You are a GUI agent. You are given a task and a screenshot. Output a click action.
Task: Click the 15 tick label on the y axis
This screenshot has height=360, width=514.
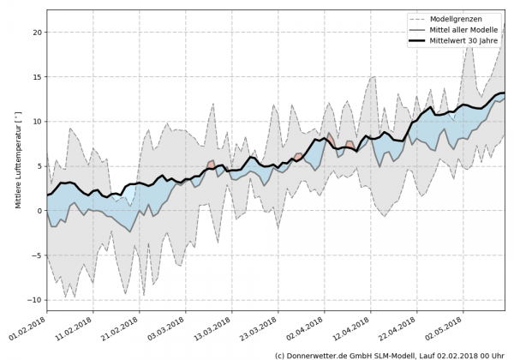pos(37,77)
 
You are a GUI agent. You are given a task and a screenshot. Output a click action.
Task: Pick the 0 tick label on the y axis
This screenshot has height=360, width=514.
pos(39,211)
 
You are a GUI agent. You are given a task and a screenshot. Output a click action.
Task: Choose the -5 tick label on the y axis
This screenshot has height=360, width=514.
pos(37,255)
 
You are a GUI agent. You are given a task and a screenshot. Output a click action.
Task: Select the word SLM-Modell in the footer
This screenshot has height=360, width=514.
pos(392,354)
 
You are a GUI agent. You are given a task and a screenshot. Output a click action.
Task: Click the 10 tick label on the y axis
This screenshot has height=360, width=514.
pos(37,122)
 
